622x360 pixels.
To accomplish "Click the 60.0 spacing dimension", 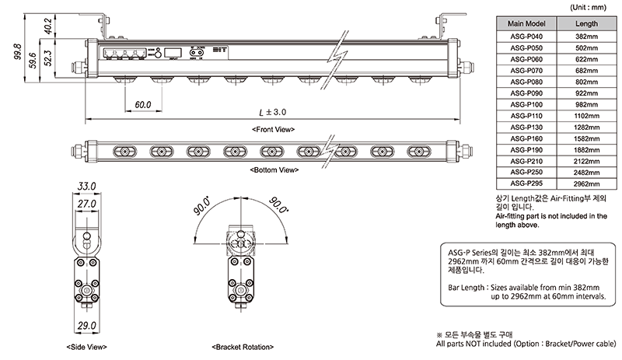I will [x=142, y=104].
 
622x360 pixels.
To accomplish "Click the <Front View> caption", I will [x=273, y=128].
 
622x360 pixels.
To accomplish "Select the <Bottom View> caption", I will [x=273, y=169].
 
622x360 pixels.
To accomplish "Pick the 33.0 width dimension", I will [x=86, y=187].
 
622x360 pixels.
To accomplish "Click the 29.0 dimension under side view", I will [x=86, y=325].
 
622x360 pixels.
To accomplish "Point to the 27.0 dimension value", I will [x=86, y=204].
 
